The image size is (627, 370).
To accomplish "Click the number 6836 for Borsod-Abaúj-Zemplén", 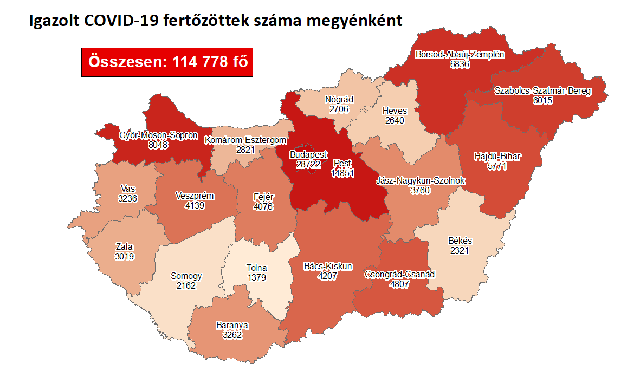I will (460, 64).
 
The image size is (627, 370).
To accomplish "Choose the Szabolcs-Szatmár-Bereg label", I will (542, 91).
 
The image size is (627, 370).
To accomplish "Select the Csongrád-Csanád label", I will (399, 274).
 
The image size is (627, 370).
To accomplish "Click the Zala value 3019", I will (124, 256).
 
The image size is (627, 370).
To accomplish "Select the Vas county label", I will (128, 189).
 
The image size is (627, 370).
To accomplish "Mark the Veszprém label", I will (195, 196).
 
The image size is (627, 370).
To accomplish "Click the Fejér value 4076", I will (263, 206).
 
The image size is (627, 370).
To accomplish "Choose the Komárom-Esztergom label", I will (245, 140).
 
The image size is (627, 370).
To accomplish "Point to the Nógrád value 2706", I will (339, 109).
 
